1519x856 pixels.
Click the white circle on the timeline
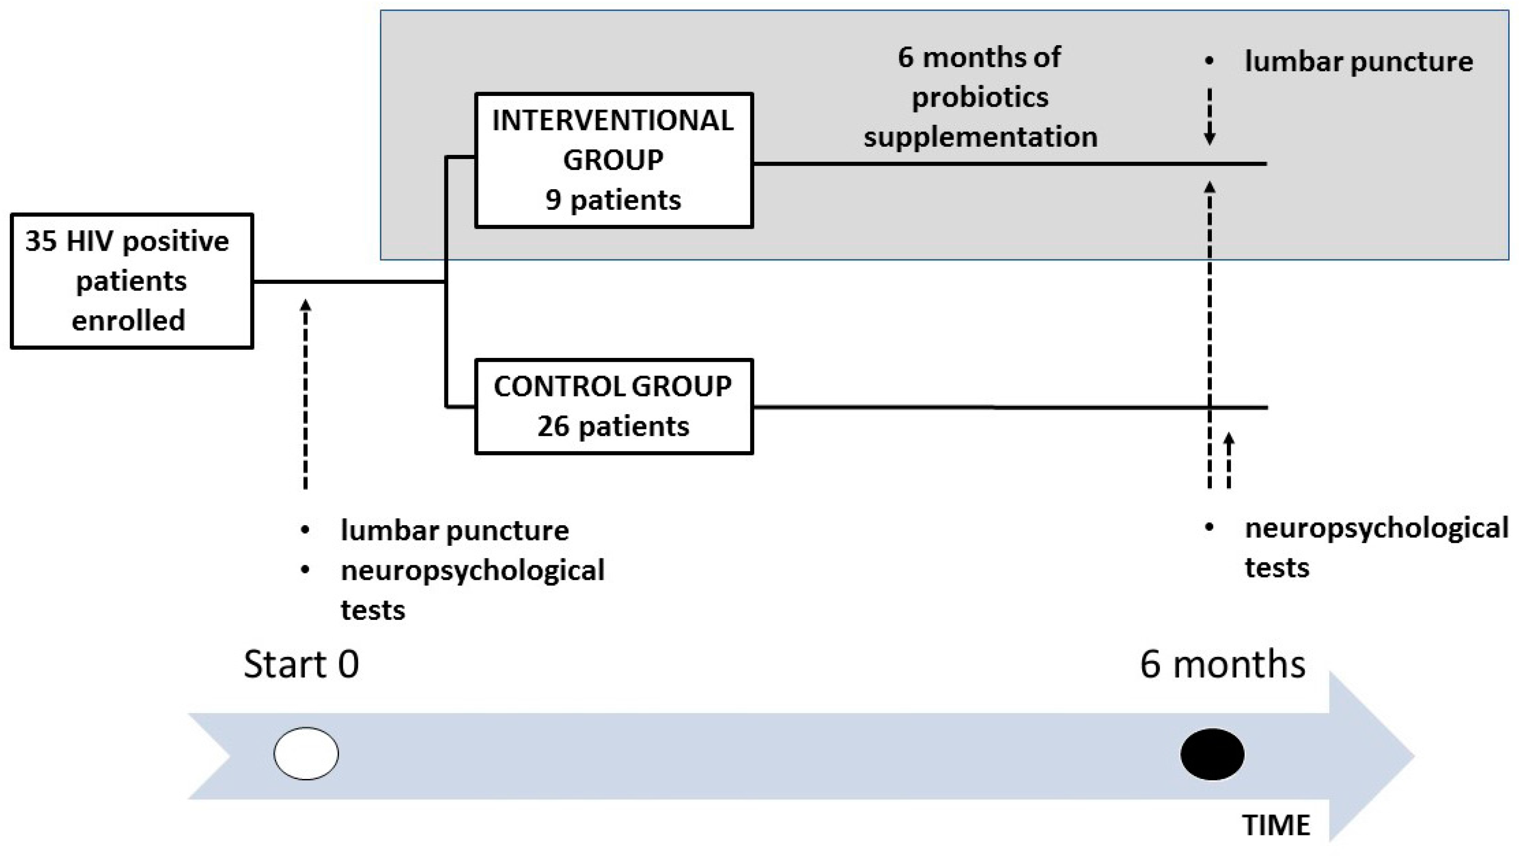click(x=306, y=754)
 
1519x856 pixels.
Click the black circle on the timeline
click(x=1212, y=754)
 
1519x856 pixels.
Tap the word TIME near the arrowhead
click(x=1276, y=825)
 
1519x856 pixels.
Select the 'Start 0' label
click(x=301, y=665)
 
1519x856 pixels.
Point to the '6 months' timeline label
click(x=1223, y=665)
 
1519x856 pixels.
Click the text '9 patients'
click(x=613, y=200)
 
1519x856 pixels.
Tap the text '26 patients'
click(x=613, y=426)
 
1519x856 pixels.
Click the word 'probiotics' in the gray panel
click(x=980, y=97)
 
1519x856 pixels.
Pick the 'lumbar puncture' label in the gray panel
click(x=1358, y=62)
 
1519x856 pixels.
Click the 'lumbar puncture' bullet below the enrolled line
click(x=454, y=530)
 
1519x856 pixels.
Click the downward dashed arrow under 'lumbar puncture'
click(x=1209, y=117)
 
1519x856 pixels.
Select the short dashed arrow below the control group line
click(x=1229, y=461)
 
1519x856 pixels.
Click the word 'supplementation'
click(x=980, y=137)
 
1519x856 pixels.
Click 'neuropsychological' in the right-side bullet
click(x=1376, y=528)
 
